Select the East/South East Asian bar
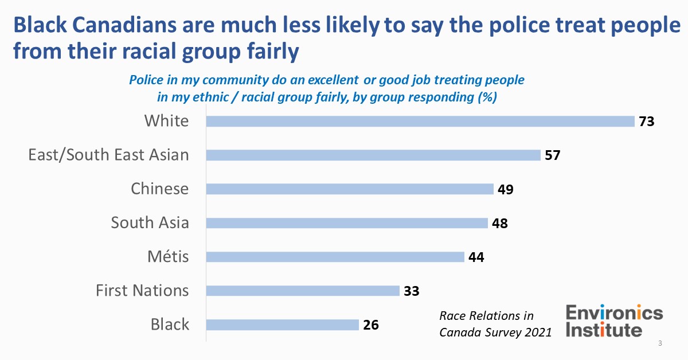[373, 155]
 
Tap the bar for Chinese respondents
[349, 189]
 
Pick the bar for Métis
[335, 257]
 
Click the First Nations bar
[302, 291]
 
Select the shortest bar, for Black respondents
[282, 325]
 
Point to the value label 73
[647, 122]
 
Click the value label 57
[552, 155]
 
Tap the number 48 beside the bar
[499, 223]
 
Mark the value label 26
[371, 325]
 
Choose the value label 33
[411, 291]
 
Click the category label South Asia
[150, 222]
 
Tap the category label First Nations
[142, 291]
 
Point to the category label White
[166, 121]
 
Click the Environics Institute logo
[614, 321]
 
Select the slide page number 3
[660, 344]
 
